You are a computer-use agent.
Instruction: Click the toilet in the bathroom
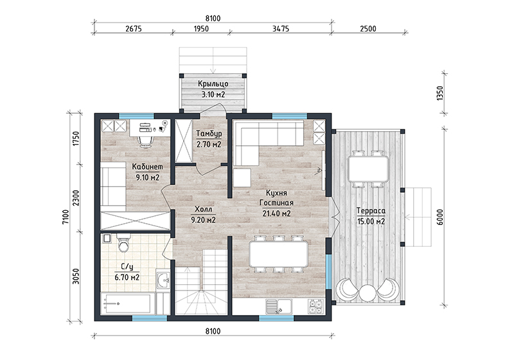pos(123,243)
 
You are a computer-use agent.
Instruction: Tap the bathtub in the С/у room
pos(127,304)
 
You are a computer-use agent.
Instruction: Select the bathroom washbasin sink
pos(163,280)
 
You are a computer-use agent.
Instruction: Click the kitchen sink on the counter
pos(279,307)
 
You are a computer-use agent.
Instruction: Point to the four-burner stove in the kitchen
pos(315,307)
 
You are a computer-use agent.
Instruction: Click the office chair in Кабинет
pos(145,141)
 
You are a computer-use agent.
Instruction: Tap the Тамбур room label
pos(209,134)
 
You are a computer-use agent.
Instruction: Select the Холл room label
pos(203,209)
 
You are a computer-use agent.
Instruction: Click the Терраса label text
pos(371,211)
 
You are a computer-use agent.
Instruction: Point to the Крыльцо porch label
pos(213,84)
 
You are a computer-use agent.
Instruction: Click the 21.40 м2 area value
pos(276,214)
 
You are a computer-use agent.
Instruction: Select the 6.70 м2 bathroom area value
pos(127,278)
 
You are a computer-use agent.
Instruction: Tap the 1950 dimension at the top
pos(201,29)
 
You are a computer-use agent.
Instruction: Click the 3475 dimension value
pos(281,29)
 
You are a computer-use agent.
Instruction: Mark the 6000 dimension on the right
pos(440,217)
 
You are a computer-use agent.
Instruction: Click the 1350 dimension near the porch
pos(440,93)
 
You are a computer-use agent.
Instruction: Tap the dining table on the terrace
pos(368,169)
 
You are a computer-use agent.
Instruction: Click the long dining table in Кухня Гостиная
pos(279,255)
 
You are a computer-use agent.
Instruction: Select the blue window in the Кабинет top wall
pos(136,116)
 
